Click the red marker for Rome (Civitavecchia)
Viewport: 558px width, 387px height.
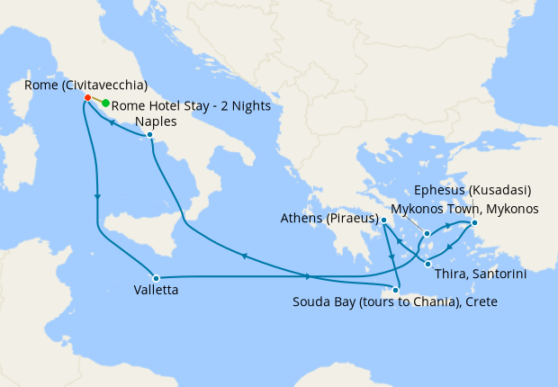(87, 97)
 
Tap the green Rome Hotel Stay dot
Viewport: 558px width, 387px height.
(105, 103)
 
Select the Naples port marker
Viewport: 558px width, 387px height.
(149, 136)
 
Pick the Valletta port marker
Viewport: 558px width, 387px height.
(156, 277)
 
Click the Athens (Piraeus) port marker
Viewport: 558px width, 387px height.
(383, 220)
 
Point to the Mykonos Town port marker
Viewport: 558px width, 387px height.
(427, 234)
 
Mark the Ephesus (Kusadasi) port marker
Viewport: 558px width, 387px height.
(474, 223)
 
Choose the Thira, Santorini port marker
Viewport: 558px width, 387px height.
(427, 264)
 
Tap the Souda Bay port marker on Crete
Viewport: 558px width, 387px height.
(395, 289)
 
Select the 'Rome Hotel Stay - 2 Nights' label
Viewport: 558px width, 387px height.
(192, 106)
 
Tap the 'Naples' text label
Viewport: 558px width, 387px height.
(152, 121)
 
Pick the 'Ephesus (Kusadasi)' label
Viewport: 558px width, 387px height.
(472, 191)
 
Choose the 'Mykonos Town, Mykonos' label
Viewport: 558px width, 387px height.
(477, 209)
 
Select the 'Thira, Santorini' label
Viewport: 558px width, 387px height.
(480, 273)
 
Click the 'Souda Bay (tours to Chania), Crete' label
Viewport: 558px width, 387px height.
(394, 302)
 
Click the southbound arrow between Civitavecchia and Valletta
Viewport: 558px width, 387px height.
(96, 197)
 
